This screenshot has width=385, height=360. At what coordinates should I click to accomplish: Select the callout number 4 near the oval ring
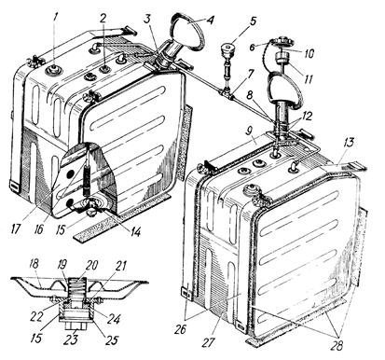(x=211, y=21)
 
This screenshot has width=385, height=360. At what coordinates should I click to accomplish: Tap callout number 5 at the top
(x=253, y=21)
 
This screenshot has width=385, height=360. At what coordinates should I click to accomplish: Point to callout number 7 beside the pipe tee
(x=251, y=75)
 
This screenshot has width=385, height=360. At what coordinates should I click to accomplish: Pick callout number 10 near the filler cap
(x=308, y=53)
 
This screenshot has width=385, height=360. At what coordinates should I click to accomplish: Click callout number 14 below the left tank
(x=134, y=231)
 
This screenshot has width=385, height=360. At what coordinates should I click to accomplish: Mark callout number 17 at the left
(x=15, y=229)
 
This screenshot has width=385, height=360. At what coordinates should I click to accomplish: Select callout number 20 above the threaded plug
(x=91, y=265)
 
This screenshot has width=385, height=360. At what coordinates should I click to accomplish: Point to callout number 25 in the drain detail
(x=111, y=339)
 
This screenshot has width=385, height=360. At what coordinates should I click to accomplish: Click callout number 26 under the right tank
(x=179, y=329)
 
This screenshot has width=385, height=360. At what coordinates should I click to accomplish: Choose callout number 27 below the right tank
(x=208, y=342)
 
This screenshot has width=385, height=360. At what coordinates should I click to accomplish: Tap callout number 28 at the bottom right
(x=337, y=345)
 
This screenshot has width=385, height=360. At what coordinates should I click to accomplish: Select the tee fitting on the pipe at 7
(x=227, y=93)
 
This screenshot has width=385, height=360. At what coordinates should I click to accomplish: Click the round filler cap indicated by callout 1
(x=54, y=71)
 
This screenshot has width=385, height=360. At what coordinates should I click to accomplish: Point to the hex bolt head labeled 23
(x=75, y=327)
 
